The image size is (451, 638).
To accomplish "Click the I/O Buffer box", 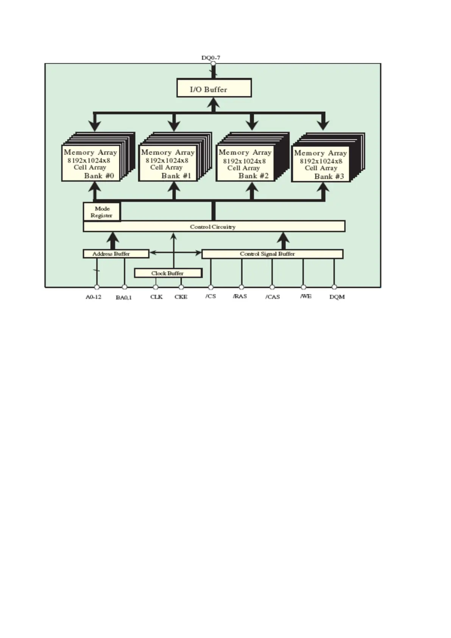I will pyautogui.click(x=214, y=88).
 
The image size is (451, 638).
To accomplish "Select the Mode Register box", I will pyautogui.click(x=101, y=212).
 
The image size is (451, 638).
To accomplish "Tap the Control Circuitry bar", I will pyautogui.click(x=214, y=227).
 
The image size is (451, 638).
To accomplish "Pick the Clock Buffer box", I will pyautogui.click(x=168, y=273).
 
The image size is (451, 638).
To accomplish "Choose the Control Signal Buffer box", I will pyautogui.click(x=272, y=254).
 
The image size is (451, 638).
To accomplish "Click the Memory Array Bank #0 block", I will pyautogui.click(x=91, y=163).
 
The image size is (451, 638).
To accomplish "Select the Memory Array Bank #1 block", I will pyautogui.click(x=168, y=163).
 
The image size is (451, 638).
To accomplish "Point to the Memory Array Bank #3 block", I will pyautogui.click(x=321, y=164).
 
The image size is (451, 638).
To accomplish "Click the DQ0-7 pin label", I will pyautogui.click(x=211, y=58).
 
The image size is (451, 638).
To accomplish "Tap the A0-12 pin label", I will pyautogui.click(x=93, y=297).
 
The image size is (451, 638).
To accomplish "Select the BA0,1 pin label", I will pyautogui.click(x=124, y=297).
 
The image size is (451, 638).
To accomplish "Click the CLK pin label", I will pyautogui.click(x=156, y=297).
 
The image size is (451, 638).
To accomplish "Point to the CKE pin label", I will pyautogui.click(x=181, y=297).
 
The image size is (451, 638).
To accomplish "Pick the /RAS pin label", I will pyautogui.click(x=240, y=296).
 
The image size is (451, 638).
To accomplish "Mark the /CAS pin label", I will pyautogui.click(x=273, y=297).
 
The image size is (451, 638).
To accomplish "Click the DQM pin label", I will pyautogui.click(x=337, y=297).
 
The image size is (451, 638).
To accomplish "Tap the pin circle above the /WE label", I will pyautogui.click(x=303, y=287).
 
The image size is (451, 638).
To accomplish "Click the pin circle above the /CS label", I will pyautogui.click(x=211, y=287).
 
